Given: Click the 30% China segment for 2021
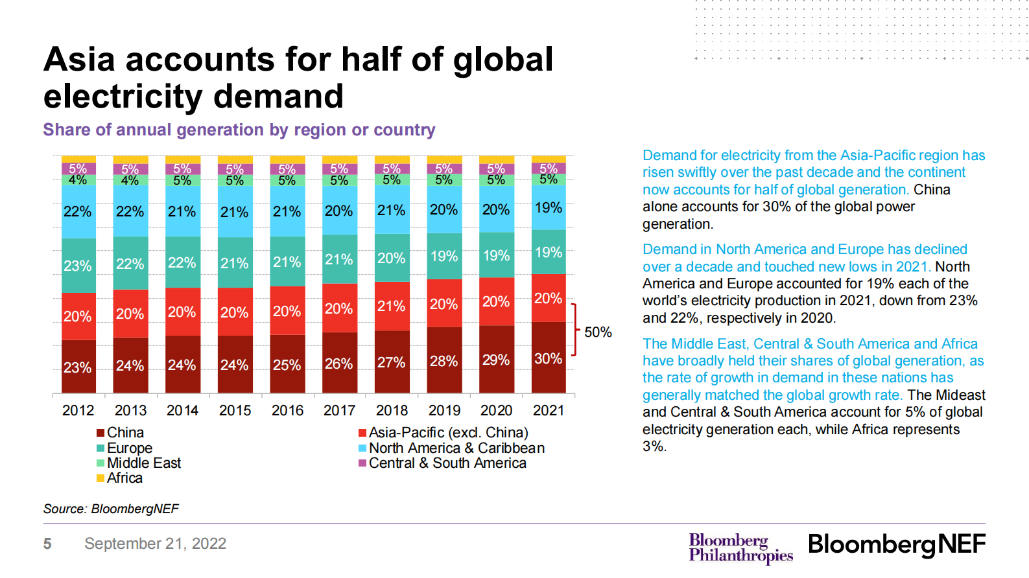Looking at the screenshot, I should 549,358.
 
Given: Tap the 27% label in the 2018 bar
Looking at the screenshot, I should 392,362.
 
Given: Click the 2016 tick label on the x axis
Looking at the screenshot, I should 287,410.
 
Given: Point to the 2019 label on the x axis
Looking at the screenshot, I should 444,410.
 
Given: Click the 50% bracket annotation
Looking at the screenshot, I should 597,332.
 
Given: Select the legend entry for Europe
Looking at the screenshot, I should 129,448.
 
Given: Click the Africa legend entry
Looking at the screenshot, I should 124,478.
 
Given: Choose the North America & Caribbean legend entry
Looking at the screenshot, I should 456,448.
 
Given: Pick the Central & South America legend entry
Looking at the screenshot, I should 447,463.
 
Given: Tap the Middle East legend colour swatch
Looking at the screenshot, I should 101,463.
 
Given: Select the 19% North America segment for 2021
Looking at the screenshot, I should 549,208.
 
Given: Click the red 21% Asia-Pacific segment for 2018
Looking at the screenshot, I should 392,306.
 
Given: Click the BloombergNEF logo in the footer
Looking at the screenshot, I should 896,544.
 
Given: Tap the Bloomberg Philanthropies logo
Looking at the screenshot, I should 740,548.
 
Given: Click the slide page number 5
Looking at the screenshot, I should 47,544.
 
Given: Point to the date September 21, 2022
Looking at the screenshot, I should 155,544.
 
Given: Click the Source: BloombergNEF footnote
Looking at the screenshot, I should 111,509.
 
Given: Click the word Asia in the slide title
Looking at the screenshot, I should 79,60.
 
